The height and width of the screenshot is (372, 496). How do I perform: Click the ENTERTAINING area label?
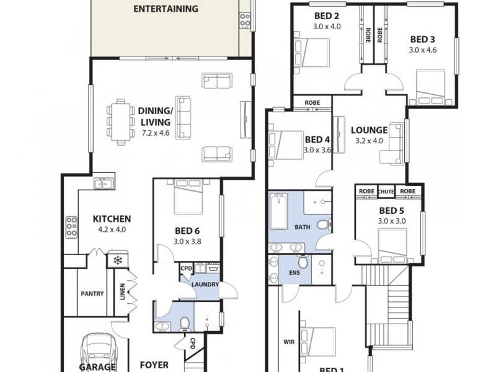coord(166,9)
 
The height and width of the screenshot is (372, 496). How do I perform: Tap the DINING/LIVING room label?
coord(154,117)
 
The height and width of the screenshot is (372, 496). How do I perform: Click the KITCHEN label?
coord(112,218)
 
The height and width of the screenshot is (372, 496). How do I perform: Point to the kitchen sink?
coord(102,183)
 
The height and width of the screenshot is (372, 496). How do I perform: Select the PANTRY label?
coord(92,294)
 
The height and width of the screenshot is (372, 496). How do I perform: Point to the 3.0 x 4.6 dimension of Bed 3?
coord(423,50)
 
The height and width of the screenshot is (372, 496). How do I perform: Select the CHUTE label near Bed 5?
coord(386,191)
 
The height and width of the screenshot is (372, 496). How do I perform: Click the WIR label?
coord(288,340)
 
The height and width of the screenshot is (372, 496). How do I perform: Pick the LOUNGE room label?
coord(369,130)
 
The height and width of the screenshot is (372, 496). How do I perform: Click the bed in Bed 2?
coord(314,48)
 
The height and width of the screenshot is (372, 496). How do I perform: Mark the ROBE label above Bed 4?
coord(312,103)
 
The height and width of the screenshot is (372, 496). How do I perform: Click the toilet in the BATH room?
coord(322,225)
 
